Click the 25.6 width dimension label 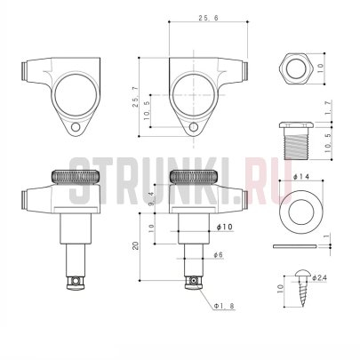208,18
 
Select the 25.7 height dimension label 135,97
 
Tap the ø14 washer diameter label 300,177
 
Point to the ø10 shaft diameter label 225,227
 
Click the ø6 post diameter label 218,255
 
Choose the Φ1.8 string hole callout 224,306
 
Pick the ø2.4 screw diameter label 319,277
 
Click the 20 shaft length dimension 136,245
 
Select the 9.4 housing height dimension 151,198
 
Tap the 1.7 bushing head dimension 327,108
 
